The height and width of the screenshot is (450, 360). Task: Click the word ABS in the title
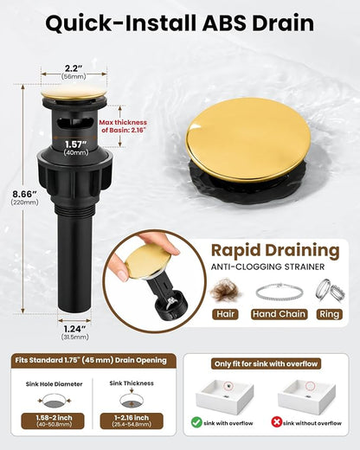[224, 23]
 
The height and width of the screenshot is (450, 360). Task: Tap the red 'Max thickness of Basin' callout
[123, 126]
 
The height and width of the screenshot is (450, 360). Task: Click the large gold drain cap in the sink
[247, 140]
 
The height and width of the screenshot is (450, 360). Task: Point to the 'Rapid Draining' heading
[275, 250]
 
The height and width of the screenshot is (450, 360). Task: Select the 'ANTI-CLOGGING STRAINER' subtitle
[267, 267]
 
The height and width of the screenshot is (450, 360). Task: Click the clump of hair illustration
[225, 291]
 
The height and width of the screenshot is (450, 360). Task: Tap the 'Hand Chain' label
[279, 314]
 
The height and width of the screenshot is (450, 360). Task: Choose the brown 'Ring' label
[330, 314]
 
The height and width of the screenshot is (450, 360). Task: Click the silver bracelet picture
[280, 292]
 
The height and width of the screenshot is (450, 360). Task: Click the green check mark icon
[196, 423]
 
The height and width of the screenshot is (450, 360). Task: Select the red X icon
[276, 423]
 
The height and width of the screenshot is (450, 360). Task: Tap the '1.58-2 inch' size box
[53, 421]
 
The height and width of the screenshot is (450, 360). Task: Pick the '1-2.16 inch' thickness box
[132, 421]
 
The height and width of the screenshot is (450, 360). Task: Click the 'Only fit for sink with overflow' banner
[266, 364]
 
